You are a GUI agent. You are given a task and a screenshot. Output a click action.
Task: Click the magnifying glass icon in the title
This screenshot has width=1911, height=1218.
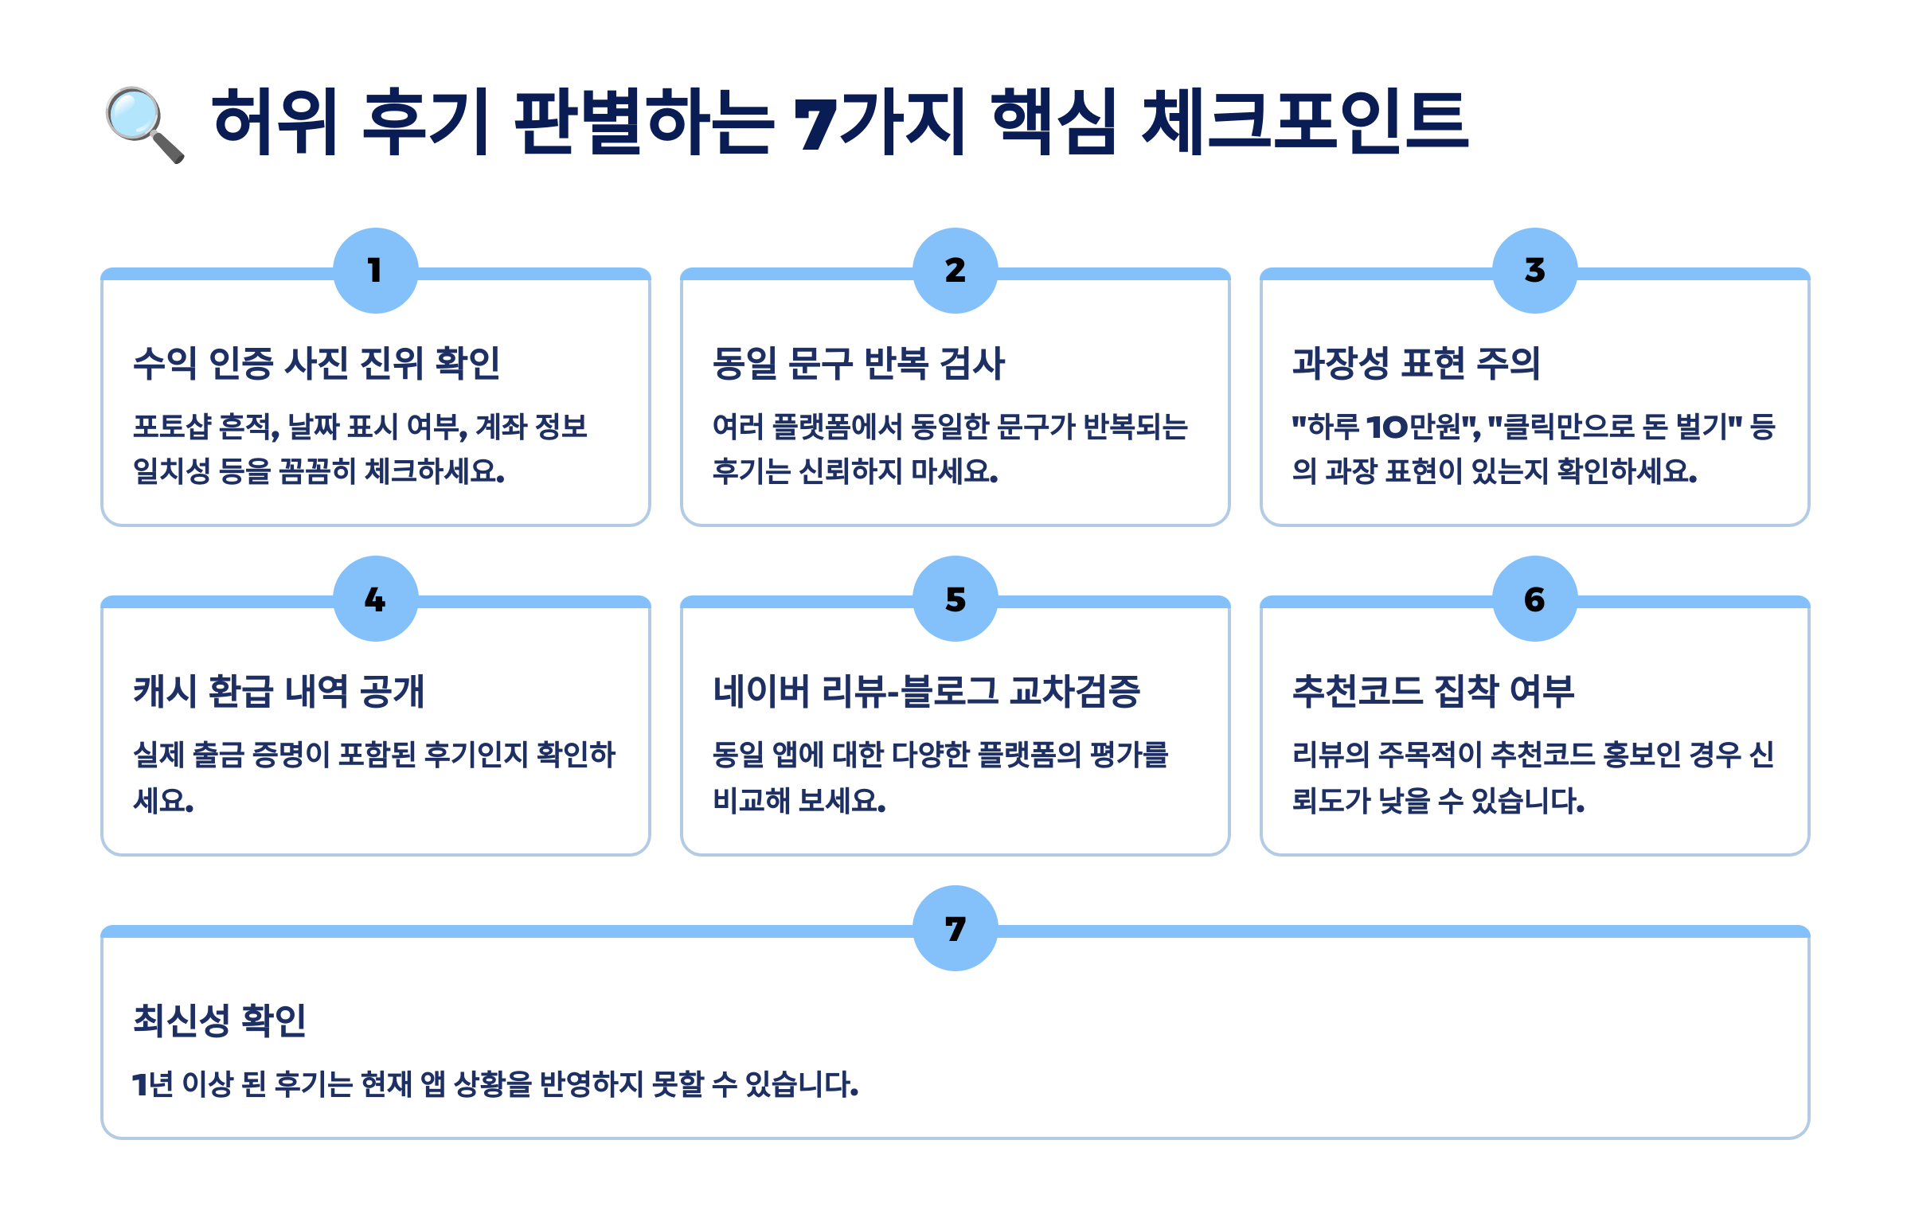pyautogui.click(x=144, y=124)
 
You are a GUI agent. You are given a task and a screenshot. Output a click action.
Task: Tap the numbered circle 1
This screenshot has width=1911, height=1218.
pyautogui.click(x=376, y=271)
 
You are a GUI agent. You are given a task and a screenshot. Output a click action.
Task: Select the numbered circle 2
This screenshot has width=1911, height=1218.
pyautogui.click(x=955, y=271)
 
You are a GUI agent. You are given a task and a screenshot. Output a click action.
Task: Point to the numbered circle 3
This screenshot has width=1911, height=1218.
pyautogui.click(x=1535, y=271)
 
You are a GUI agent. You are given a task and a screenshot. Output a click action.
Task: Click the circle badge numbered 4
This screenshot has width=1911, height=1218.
pyautogui.click(x=376, y=599)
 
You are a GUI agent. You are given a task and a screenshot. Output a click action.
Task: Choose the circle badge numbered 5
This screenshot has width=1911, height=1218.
pyautogui.click(x=955, y=599)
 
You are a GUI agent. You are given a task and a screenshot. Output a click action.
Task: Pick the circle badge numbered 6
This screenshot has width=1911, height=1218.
pyautogui.click(x=1535, y=599)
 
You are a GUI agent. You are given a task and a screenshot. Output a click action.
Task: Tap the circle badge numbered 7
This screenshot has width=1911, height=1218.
pyautogui.click(x=955, y=928)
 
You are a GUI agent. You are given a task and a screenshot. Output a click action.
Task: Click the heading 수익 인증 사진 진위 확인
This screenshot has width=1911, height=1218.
pyautogui.click(x=316, y=363)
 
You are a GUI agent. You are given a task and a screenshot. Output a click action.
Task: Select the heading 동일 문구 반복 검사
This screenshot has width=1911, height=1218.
pyautogui.click(x=858, y=363)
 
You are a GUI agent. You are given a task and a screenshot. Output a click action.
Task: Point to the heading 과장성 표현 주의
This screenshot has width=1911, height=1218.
pyautogui.click(x=1416, y=363)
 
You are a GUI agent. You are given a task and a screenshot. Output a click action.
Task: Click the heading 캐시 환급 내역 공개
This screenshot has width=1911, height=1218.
pyautogui.click(x=279, y=691)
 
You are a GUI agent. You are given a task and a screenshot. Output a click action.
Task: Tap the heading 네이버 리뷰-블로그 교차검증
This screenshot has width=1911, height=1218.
pyautogui.click(x=926, y=691)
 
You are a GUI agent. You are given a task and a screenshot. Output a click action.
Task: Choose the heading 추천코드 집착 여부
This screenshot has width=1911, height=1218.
pyautogui.click(x=1433, y=691)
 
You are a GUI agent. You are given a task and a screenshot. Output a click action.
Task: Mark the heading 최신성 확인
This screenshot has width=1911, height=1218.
pyautogui.click(x=219, y=1020)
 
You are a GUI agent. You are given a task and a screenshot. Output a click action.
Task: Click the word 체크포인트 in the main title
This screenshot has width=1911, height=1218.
pyautogui.click(x=1304, y=121)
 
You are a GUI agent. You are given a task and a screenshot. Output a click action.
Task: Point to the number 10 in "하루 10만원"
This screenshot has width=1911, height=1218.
pyautogui.click(x=1387, y=427)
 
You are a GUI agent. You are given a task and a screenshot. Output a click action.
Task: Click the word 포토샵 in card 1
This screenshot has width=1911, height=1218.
pyautogui.click(x=171, y=427)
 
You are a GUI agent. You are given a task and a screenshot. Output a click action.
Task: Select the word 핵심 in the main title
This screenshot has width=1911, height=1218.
pyautogui.click(x=1054, y=121)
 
